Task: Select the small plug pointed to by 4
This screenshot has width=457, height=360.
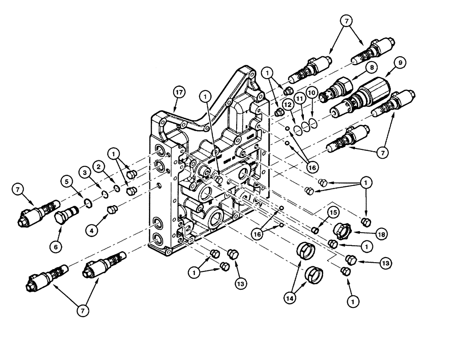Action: coord(111,210)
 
